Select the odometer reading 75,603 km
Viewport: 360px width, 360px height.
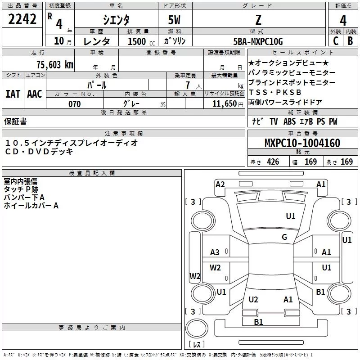pyautogui.click(x=55, y=64)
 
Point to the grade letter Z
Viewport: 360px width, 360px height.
pyautogui.click(x=258, y=20)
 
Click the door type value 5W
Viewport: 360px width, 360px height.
pyautogui.click(x=175, y=20)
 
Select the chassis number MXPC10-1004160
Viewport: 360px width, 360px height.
pyautogui.click(x=302, y=143)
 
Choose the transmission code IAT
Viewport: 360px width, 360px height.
pyautogui.click(x=13, y=94)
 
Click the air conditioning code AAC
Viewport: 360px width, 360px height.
pyautogui.click(x=34, y=94)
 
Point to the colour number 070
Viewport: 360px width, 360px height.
pyautogui.click(x=74, y=104)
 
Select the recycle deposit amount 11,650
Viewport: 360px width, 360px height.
pyautogui.click(x=222, y=104)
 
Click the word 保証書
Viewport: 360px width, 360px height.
pyautogui.click(x=15, y=121)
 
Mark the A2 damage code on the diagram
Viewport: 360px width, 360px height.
pyautogui.click(x=220, y=184)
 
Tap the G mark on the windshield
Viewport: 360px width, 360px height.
pyautogui.click(x=284, y=237)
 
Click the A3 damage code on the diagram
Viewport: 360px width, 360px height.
pyautogui.click(x=215, y=252)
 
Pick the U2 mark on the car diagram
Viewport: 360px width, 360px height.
pyautogui.click(x=253, y=300)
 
